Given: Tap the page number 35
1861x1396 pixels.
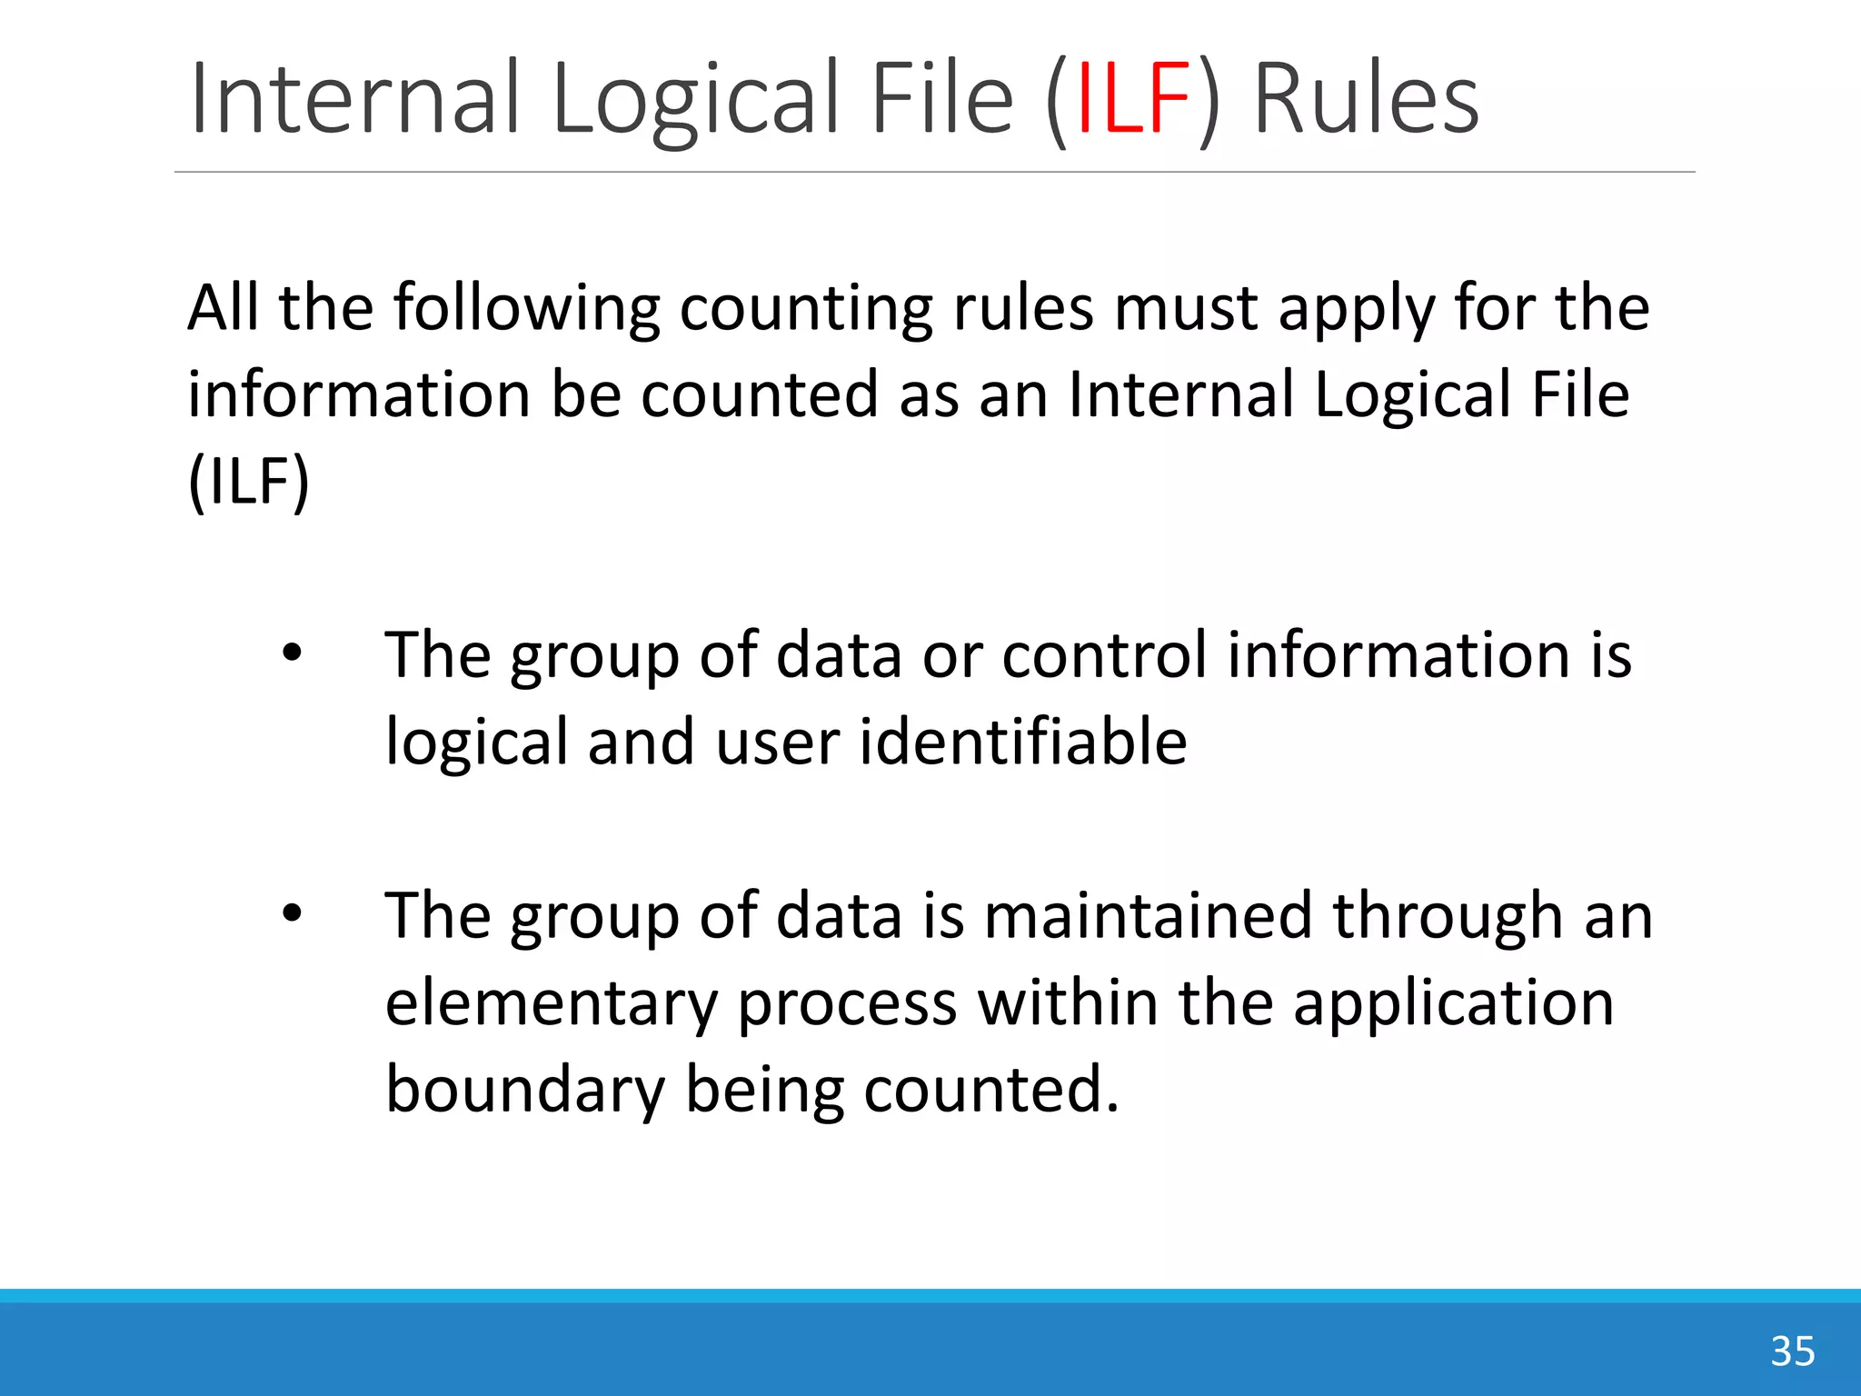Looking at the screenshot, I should pos(1792,1351).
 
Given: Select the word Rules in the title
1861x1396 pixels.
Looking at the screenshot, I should pos(1366,98).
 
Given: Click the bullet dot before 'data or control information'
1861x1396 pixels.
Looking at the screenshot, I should pos(291,653).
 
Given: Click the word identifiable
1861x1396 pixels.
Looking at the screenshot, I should pos(1023,742).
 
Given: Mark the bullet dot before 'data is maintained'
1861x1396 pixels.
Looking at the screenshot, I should pos(291,913).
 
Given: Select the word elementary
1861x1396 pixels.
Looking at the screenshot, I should pos(551,1003).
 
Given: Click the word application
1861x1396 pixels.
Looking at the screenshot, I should pos(1453,1003).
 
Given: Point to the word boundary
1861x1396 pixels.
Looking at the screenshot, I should pos(525,1090).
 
